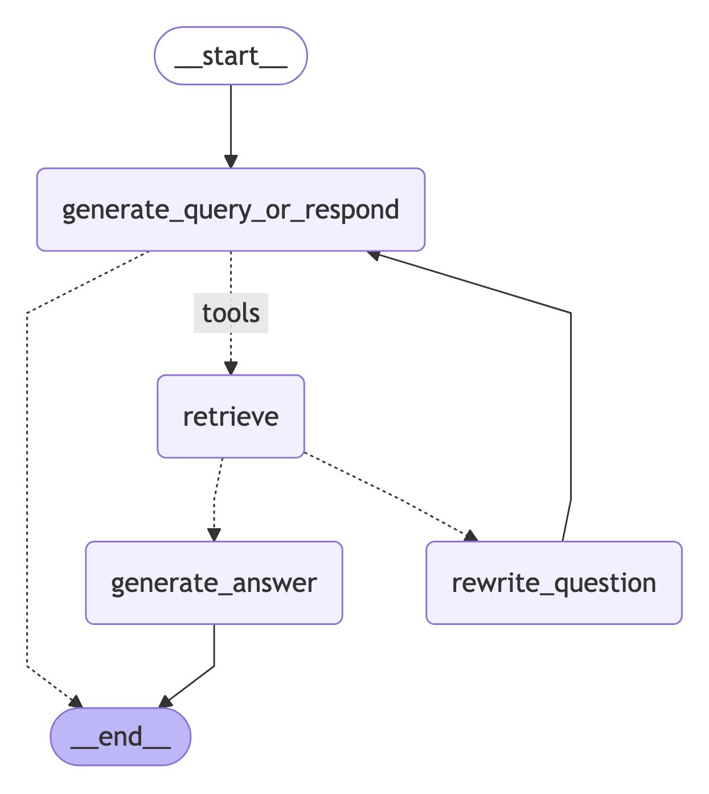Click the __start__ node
coord(231,56)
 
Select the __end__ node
coord(120,737)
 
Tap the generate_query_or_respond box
coord(231,209)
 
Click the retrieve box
coord(231,416)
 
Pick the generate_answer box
coord(214,583)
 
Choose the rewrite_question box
coord(554,583)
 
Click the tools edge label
coord(231,313)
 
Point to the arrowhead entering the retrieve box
coord(231,368)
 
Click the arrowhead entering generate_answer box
coord(214,534)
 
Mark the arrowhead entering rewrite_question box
coord(470,536)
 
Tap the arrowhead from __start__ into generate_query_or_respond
coord(231,161)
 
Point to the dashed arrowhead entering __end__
coord(76,701)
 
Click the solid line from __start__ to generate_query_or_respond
coord(231,120)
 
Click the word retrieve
coord(231,416)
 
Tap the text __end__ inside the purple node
coord(120,737)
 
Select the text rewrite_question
coord(554,583)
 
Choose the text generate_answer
coord(214,583)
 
